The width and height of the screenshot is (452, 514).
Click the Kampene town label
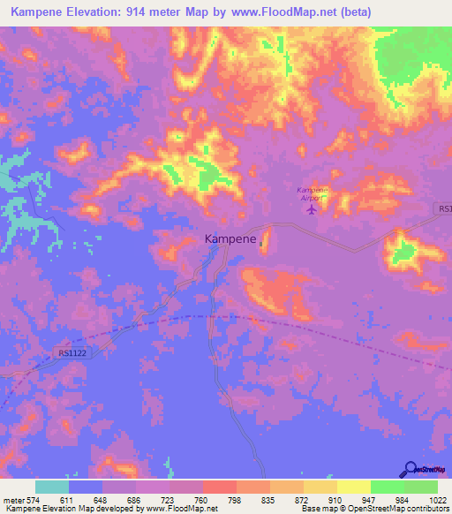(x=230, y=238)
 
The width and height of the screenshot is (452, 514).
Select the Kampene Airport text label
(x=311, y=194)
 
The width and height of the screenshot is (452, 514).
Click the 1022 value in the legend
(x=426, y=499)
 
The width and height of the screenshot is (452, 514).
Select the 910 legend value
(x=323, y=499)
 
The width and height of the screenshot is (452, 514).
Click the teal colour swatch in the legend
(x=52, y=487)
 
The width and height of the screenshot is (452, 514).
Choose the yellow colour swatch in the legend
(x=353, y=487)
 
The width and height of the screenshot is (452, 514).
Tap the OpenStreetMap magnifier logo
(x=410, y=470)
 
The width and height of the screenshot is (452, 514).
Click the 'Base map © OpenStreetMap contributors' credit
(x=375, y=509)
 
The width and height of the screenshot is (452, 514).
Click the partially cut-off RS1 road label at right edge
(x=443, y=209)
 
